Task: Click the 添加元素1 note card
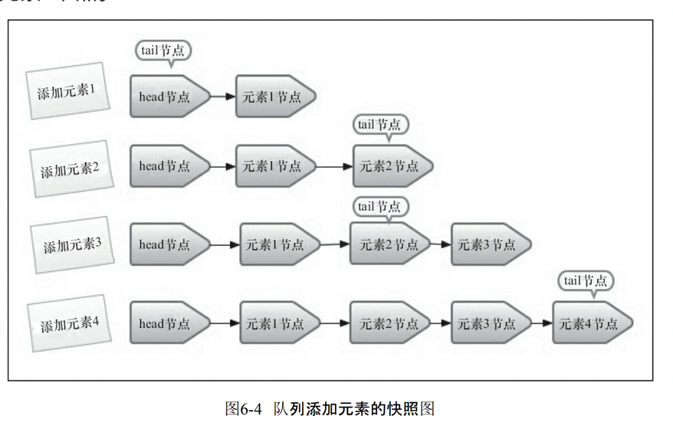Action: (x=67, y=91)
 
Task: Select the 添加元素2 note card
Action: (x=70, y=169)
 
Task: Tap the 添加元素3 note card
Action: (x=72, y=245)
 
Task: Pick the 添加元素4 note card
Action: (x=70, y=323)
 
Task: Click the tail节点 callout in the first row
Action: (x=163, y=51)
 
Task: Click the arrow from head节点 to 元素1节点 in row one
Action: (x=222, y=97)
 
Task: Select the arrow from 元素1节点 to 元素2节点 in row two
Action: (x=334, y=165)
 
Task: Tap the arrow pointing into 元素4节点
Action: (x=542, y=323)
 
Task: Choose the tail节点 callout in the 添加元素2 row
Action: (x=380, y=124)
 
